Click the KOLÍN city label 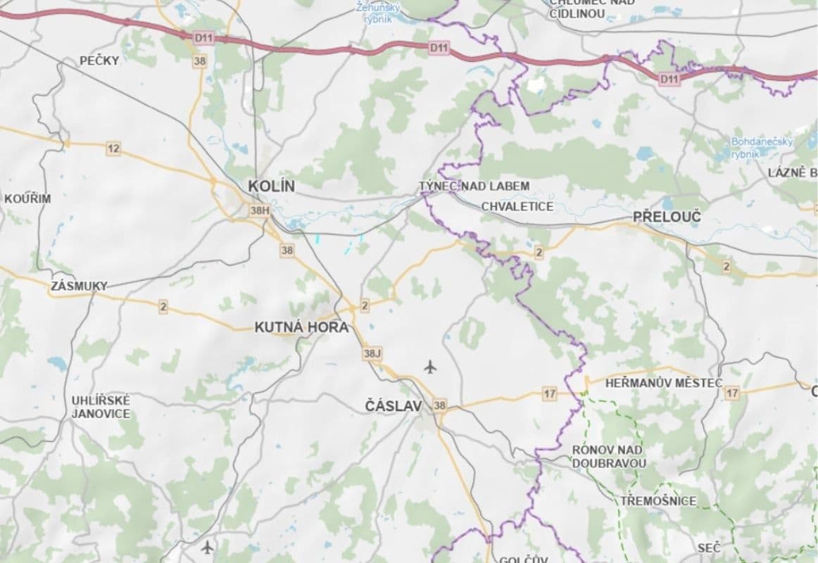tap(271, 186)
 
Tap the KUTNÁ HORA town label tap(301, 327)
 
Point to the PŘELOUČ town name tap(667, 217)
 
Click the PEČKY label tap(99, 61)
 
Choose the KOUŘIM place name tap(27, 198)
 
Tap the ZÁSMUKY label tap(79, 286)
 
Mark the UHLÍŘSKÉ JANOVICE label tap(101, 407)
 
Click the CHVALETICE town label tap(517, 206)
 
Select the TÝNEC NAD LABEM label tap(474, 186)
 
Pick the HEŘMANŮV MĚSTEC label tap(654, 383)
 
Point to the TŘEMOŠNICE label tap(658, 501)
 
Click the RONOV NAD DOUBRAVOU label tap(608, 456)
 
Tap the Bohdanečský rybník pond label tap(761, 147)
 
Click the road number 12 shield tap(113, 148)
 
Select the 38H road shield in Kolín tap(260, 210)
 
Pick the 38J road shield tap(372, 353)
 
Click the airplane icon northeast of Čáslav tap(431, 366)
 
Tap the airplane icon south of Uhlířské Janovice tap(207, 546)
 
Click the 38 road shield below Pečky tap(200, 61)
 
